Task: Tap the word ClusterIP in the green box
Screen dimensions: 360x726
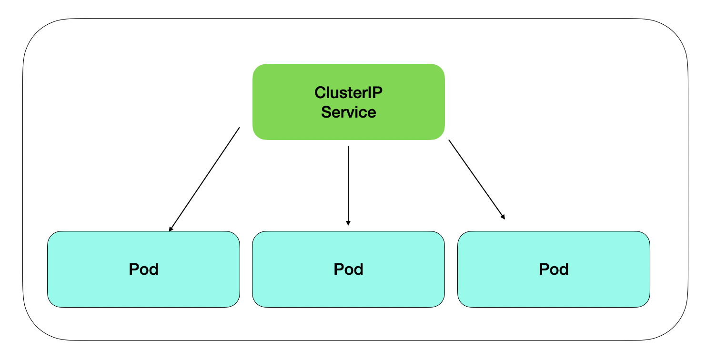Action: point(348,92)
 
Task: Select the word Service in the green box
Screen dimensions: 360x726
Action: point(348,112)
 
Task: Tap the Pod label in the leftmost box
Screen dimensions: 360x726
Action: point(143,270)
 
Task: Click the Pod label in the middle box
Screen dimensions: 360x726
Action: point(348,270)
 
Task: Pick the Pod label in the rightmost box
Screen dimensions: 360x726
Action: point(554,270)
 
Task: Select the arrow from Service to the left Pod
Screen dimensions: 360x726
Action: point(204,180)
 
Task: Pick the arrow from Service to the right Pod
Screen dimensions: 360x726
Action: point(476,179)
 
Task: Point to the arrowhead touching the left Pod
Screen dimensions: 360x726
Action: point(171,229)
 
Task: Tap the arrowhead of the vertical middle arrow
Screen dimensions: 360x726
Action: point(348,222)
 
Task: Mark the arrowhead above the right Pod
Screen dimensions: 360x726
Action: point(503,217)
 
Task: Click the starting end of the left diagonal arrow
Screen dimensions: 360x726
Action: point(239,128)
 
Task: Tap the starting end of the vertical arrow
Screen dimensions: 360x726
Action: point(348,147)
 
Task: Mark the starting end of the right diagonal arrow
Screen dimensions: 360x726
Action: point(449,140)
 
